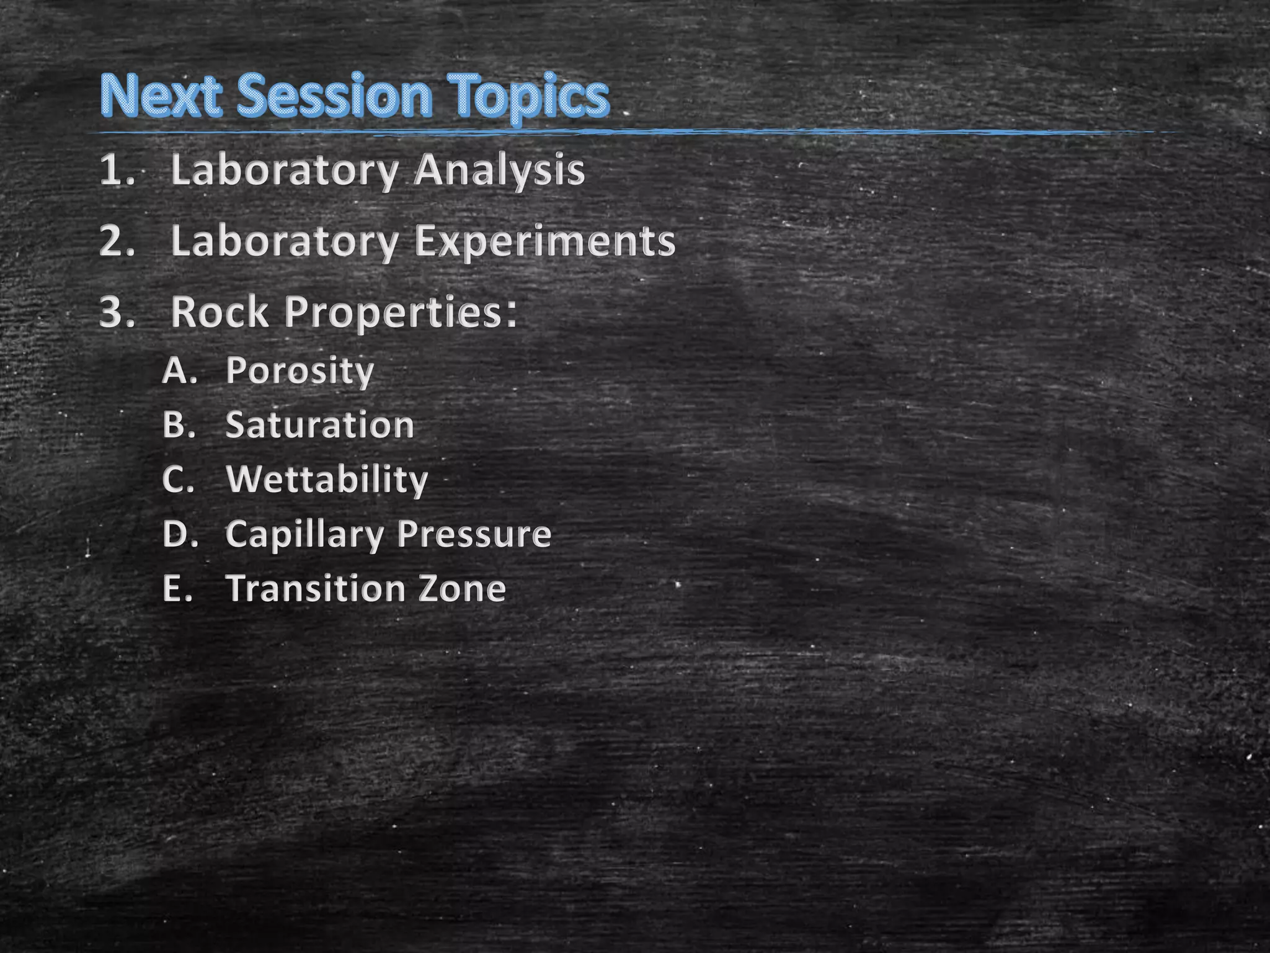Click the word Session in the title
tap(334, 96)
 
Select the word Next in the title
tap(161, 96)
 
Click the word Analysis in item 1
tap(500, 170)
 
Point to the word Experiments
tap(545, 241)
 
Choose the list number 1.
tap(116, 170)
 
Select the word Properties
tap(401, 313)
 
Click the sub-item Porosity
tap(300, 372)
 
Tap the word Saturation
tap(319, 425)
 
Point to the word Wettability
tap(327, 480)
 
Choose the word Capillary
tap(304, 535)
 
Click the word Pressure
tap(474, 534)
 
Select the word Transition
tap(315, 588)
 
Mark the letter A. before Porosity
tap(179, 370)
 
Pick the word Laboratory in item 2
tap(284, 241)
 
